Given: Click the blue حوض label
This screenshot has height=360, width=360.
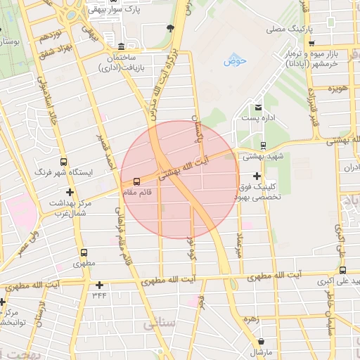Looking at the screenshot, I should pos(236,61).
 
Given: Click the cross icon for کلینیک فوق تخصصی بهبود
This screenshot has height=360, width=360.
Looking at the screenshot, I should pos(257,176).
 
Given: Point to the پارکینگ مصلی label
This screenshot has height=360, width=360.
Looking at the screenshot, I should pos(289,30).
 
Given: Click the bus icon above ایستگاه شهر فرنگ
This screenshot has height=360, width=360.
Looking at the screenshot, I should pos(64,162).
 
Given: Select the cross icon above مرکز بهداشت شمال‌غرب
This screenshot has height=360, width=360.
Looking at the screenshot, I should pos(69,192).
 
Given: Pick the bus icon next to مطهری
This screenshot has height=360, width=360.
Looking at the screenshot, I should pos(84,252).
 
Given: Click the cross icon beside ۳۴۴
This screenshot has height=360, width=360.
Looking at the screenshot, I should pos(100,285).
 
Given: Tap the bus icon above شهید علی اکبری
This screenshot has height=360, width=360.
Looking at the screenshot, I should pos(342,270).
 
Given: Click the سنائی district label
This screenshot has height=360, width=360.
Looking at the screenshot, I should pos(159,324).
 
